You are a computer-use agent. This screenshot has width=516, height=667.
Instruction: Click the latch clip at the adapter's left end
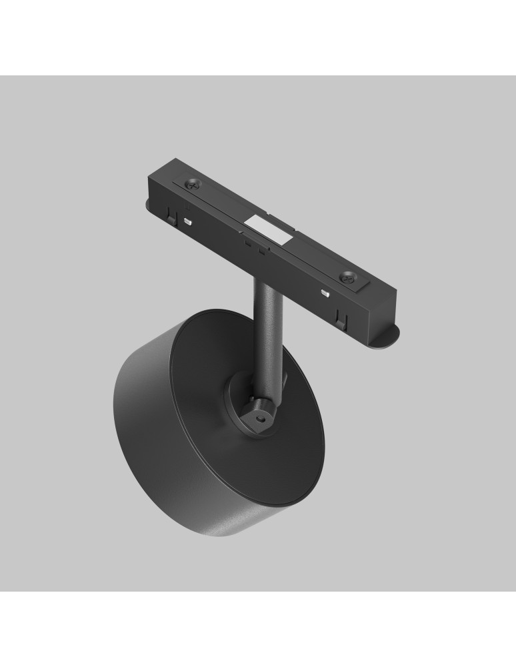[x=173, y=215]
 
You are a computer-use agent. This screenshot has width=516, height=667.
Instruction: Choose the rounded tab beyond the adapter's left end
[x=148, y=203]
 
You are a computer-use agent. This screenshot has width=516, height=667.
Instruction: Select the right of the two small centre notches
[x=261, y=252]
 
